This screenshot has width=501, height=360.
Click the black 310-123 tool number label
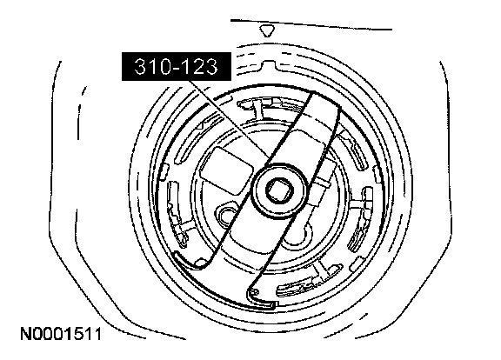click(x=177, y=66)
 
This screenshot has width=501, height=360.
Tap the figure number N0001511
click(x=61, y=334)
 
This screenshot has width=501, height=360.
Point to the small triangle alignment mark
click(x=267, y=31)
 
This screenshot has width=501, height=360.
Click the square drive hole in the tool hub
click(x=280, y=191)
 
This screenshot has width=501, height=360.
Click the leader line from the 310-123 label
click(x=230, y=119)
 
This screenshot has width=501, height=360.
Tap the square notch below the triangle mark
click(x=269, y=65)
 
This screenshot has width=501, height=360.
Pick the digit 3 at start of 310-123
click(x=140, y=66)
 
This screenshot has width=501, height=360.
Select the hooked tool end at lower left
click(x=191, y=260)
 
